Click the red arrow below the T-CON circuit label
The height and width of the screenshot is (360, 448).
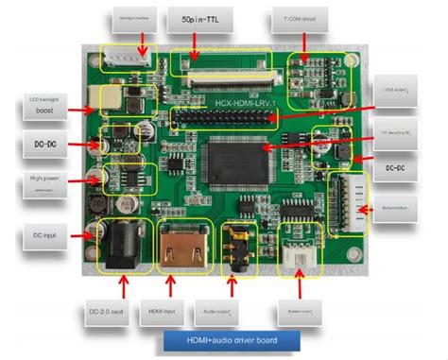(x=304, y=41)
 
